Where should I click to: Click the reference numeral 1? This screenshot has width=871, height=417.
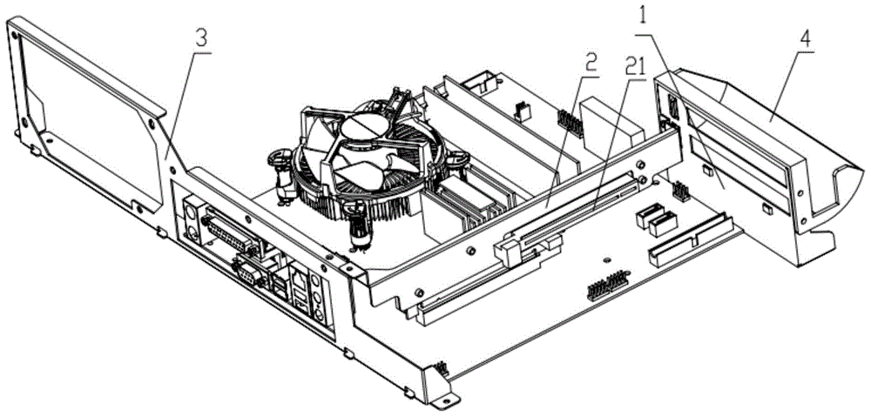point(642,16)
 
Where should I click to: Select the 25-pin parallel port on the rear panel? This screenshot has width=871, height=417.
point(230,234)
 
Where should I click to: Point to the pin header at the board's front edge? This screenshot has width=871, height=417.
point(606,286)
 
